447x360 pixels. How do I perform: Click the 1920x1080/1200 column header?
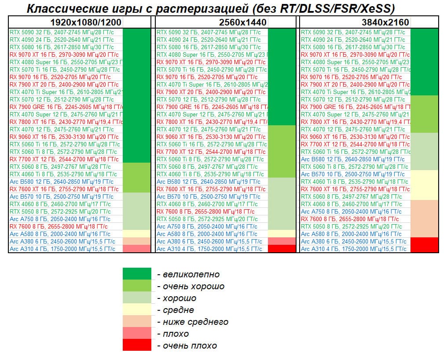coord(85,22)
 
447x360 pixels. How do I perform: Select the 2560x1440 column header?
coord(243,22)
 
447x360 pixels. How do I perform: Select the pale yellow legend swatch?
coord(136,310)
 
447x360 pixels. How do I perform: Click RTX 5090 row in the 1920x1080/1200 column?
coord(62,33)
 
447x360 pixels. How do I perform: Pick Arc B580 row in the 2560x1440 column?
coord(207,182)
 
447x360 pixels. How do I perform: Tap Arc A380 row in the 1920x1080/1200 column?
coord(62,241)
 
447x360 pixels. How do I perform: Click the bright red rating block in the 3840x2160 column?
coord(425,245)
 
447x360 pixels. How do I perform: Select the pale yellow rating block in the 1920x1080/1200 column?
coord(136,234)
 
